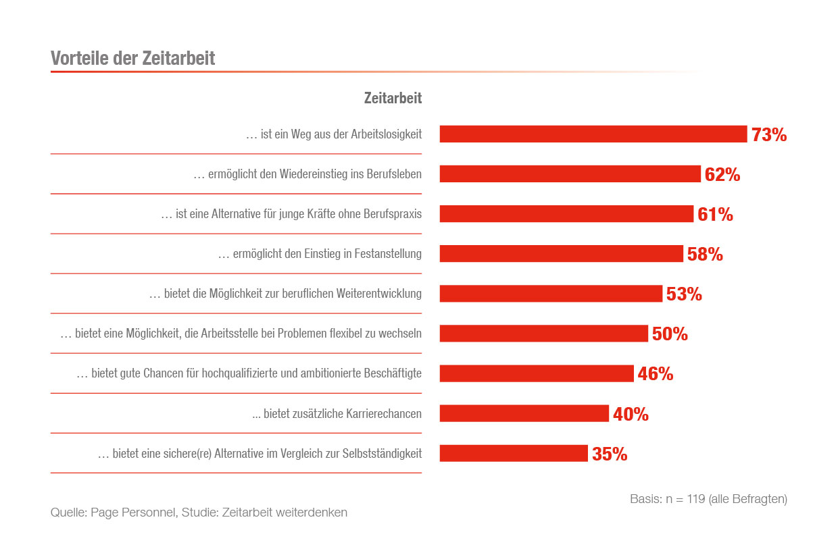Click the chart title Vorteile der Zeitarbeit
click(132, 58)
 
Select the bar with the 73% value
click(593, 134)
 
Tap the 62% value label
click(722, 175)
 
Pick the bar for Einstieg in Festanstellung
click(561, 254)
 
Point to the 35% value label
click(610, 454)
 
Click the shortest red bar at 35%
click(514, 454)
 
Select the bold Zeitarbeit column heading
click(393, 98)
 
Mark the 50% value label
click(670, 334)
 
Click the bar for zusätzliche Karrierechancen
click(524, 414)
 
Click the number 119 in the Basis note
click(695, 500)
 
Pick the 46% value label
click(656, 374)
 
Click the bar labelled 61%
click(566, 214)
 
